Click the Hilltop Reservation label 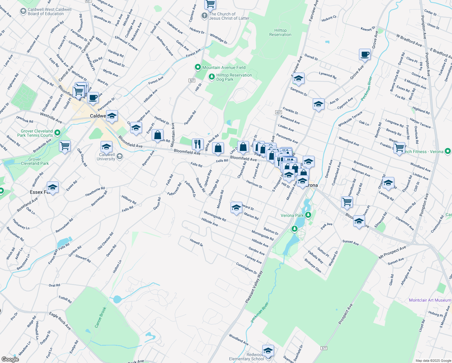(x=280, y=32)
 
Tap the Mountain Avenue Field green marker (x=198, y=67)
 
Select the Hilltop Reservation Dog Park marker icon (x=212, y=77)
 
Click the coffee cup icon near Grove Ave (x=365, y=55)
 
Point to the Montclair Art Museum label (x=430, y=300)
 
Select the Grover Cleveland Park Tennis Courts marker (x=57, y=132)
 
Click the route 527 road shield (x=192, y=80)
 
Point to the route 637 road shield (x=278, y=112)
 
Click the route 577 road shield (x=324, y=348)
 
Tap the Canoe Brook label (x=101, y=317)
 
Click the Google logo (x=10, y=359)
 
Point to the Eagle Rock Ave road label (x=60, y=321)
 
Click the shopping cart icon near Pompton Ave (x=399, y=148)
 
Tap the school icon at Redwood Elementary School (x=268, y=351)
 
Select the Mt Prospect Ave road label (x=392, y=253)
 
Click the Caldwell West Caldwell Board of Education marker (x=23, y=11)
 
